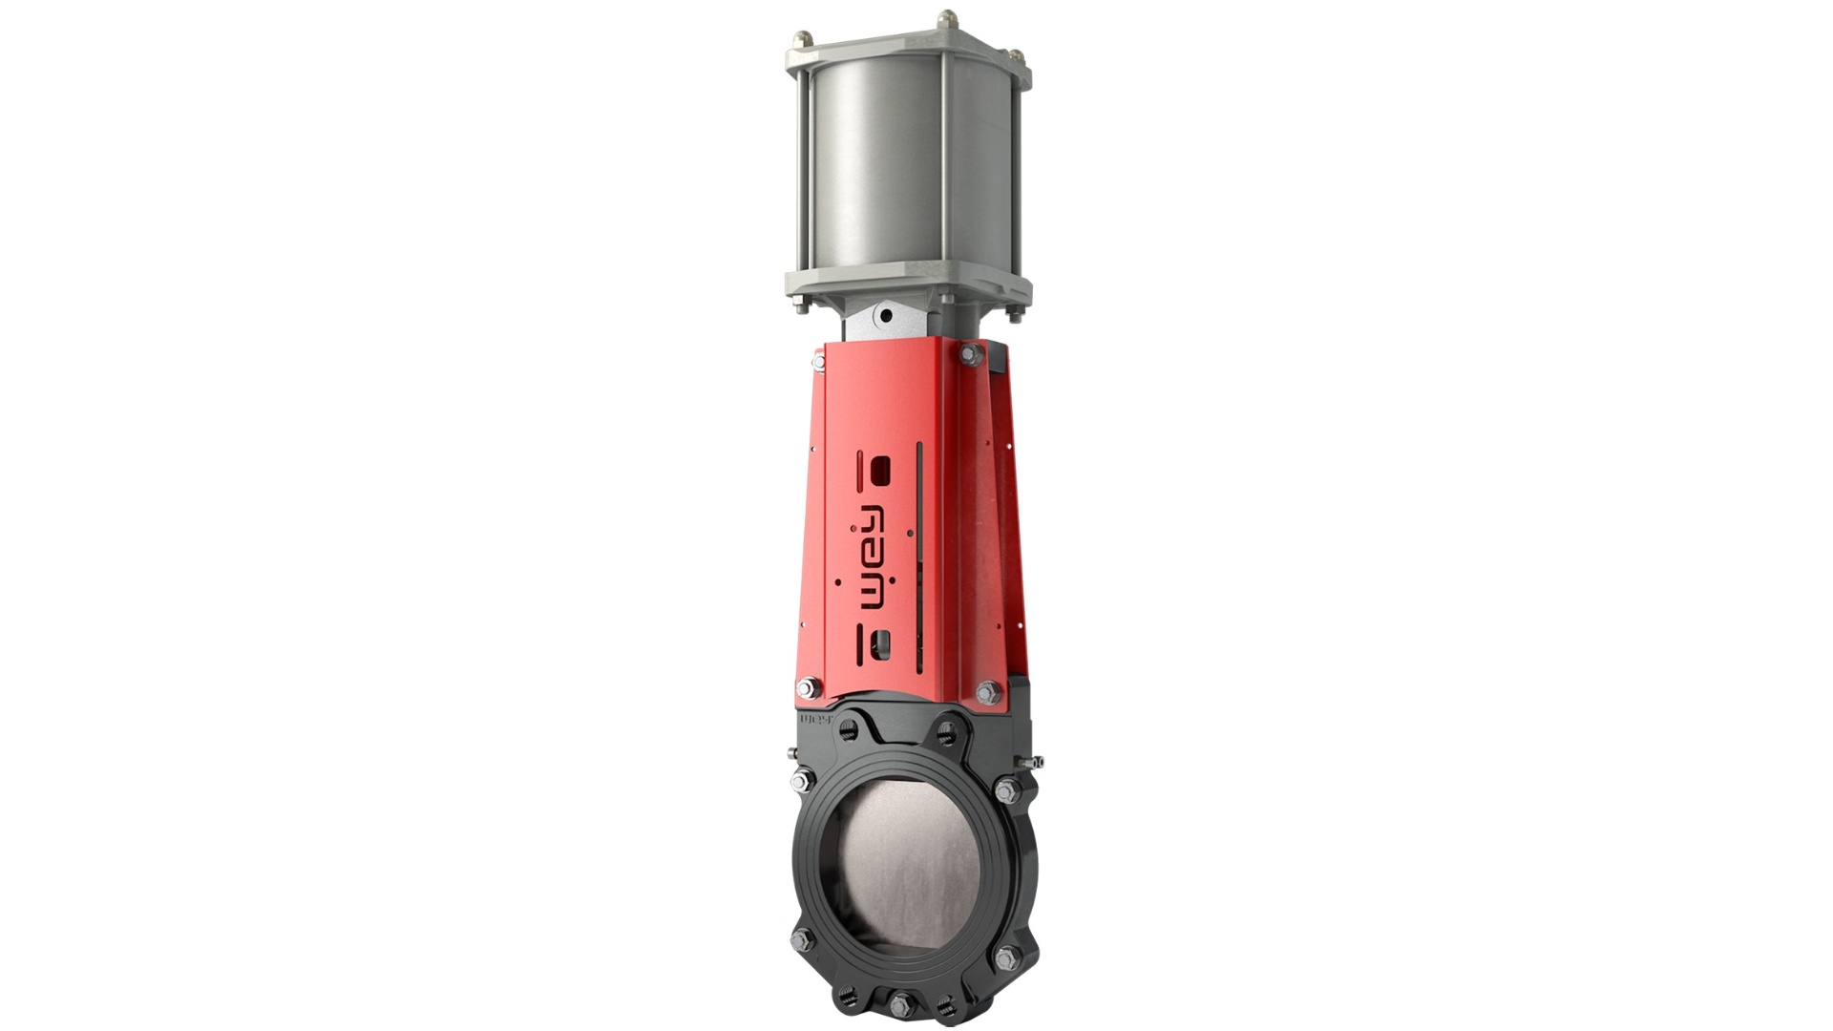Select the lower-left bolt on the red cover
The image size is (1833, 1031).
(809, 686)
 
